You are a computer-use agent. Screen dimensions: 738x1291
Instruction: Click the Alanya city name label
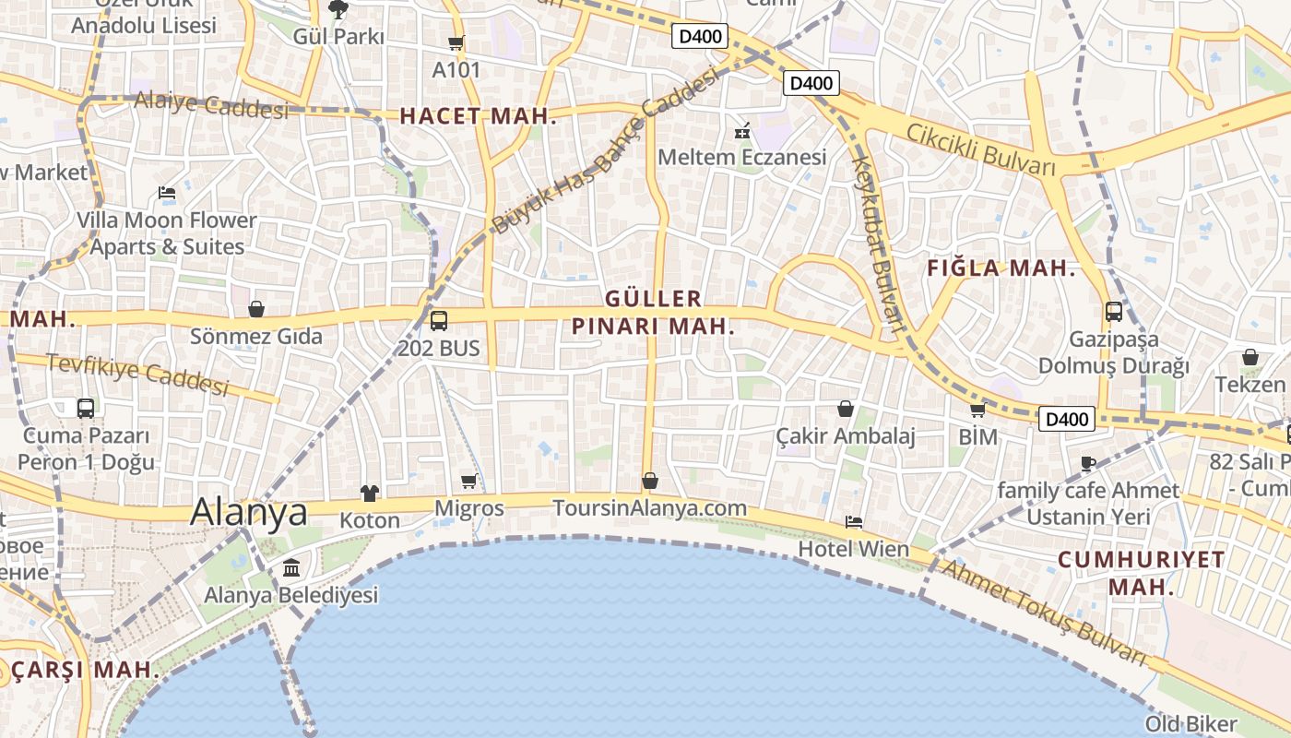(248, 512)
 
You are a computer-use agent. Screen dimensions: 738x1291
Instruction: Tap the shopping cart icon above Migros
(468, 481)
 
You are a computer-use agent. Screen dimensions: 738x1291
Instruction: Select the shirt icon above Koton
(370, 494)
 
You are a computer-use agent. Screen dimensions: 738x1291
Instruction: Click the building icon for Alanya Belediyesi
(291, 567)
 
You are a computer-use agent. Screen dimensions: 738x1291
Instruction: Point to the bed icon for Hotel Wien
(854, 522)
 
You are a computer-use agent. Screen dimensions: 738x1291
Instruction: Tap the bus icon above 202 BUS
(439, 321)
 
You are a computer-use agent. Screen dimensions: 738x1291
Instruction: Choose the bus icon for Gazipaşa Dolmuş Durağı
(1114, 312)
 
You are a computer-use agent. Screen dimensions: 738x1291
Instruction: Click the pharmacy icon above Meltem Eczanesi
(742, 131)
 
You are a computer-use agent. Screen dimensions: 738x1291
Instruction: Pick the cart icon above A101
(456, 42)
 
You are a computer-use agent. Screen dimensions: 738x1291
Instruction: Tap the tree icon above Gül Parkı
(338, 10)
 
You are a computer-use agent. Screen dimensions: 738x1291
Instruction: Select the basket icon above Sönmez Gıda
(256, 309)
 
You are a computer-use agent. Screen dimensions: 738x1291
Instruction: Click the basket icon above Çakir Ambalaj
(846, 409)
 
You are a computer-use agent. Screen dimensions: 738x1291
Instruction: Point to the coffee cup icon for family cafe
(1088, 463)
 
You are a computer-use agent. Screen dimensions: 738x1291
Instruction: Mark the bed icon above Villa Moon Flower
(167, 194)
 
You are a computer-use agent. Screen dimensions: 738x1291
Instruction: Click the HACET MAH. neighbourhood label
(479, 116)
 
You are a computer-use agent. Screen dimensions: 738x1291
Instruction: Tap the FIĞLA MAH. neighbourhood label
(1001, 269)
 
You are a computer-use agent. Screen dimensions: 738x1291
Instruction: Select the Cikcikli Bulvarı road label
(980, 149)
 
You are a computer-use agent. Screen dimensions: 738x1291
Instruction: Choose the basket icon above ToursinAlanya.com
(650, 481)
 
